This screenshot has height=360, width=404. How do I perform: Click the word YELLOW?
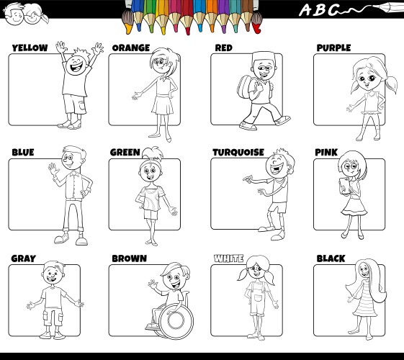coord(30,48)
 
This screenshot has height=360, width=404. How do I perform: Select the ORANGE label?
coord(130,48)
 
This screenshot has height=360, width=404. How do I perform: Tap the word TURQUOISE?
coord(238,153)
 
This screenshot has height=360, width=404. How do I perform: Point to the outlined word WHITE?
coord(229,258)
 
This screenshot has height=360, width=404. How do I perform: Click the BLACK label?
coord(331,258)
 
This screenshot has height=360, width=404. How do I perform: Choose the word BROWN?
coord(129,258)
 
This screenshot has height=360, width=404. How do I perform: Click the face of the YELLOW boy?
coord(75,65)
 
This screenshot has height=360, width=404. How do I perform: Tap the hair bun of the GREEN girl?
coord(148,152)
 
